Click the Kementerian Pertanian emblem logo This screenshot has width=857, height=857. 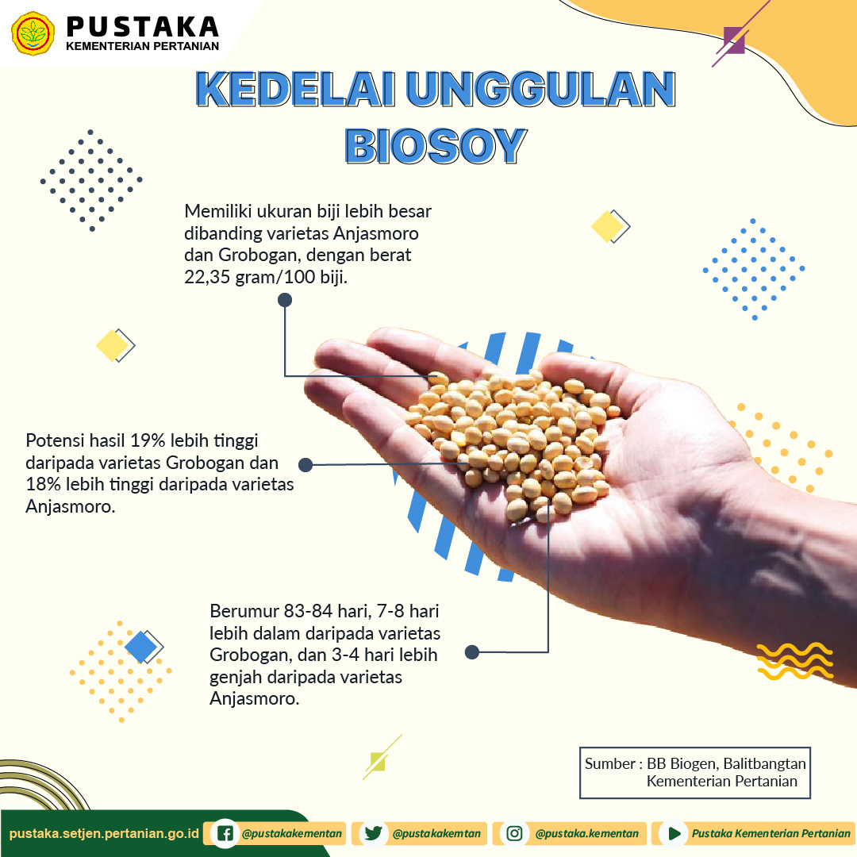(x=33, y=33)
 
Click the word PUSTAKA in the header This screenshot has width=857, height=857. (x=143, y=27)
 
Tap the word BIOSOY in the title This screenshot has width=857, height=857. (x=436, y=146)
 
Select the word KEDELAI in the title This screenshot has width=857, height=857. (x=295, y=89)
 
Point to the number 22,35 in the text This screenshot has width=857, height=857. (x=207, y=277)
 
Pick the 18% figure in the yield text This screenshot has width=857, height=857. (x=43, y=484)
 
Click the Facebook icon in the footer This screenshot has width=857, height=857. (x=225, y=833)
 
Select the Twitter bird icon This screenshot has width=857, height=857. (x=373, y=833)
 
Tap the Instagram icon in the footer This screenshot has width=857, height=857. (x=514, y=833)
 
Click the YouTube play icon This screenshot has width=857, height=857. (x=674, y=833)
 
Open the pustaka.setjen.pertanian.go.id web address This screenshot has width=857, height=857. (x=105, y=833)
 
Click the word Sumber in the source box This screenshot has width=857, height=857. (x=610, y=763)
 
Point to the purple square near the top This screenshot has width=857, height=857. (x=733, y=40)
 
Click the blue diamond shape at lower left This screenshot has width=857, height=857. (x=140, y=647)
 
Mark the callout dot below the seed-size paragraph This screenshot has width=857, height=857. (x=285, y=299)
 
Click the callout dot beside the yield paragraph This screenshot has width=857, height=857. (x=306, y=464)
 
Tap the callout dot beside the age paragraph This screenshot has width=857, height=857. (x=471, y=652)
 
